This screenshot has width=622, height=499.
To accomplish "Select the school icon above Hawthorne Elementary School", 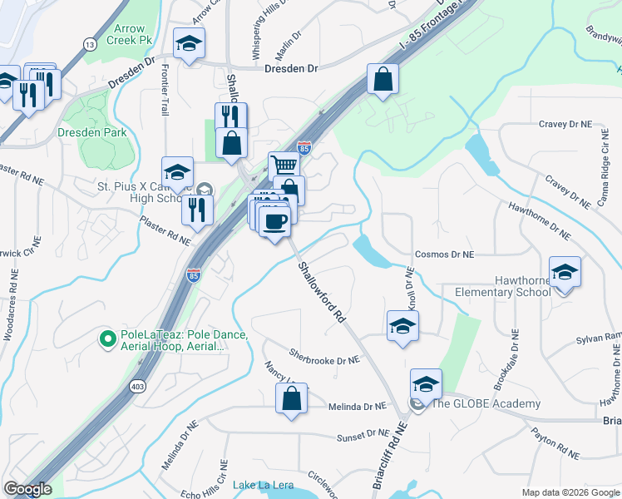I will click(565, 273).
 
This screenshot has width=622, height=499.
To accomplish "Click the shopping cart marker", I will click(284, 166).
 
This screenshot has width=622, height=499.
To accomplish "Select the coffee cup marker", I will click(274, 221).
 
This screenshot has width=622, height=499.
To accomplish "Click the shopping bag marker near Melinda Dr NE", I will click(291, 399).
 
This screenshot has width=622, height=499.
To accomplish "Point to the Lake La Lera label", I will click(260, 486).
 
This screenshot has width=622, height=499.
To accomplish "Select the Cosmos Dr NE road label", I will click(443, 254).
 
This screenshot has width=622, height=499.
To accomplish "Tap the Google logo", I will click(28, 489).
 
